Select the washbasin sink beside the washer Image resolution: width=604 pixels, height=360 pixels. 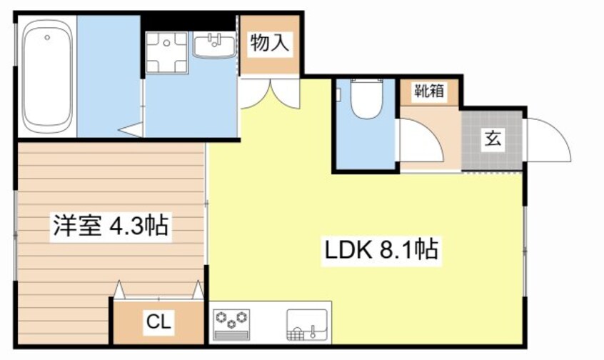pyautogui.click(x=213, y=47)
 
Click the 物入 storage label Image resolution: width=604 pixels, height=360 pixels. pyautogui.click(x=269, y=44)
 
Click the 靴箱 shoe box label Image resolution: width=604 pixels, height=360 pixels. pyautogui.click(x=429, y=91)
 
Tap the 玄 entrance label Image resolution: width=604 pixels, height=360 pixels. pyautogui.click(x=493, y=139)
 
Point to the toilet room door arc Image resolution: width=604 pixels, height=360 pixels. pyautogui.click(x=421, y=139)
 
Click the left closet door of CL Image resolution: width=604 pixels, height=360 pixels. pyautogui.click(x=120, y=289)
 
